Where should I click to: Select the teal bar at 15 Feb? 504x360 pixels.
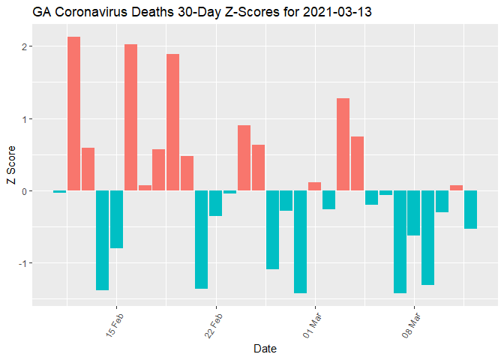click(x=116, y=219)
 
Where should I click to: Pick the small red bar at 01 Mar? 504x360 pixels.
click(x=314, y=187)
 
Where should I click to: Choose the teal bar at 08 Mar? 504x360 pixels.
click(x=413, y=213)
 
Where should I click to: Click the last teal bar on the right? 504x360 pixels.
click(x=470, y=209)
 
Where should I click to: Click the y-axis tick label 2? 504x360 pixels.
click(x=24, y=46)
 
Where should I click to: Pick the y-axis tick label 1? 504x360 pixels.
click(x=24, y=118)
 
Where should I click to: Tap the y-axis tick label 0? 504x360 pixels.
click(x=24, y=191)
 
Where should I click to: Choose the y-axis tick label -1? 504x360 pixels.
click(x=22, y=263)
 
